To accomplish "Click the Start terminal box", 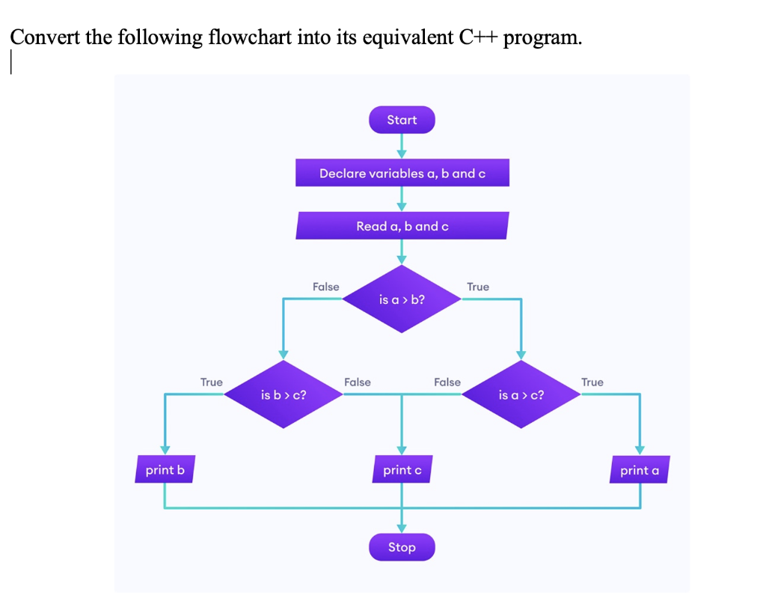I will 402,120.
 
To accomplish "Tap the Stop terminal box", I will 402,547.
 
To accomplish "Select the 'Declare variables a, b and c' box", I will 402,173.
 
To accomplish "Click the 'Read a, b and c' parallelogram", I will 402,226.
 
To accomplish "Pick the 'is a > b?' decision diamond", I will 402,299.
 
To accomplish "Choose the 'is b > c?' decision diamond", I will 283,394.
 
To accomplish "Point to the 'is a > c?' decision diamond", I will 521,394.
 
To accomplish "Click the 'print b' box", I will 165,470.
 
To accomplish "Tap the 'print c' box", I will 402,470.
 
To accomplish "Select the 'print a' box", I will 640,470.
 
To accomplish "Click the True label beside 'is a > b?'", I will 478,287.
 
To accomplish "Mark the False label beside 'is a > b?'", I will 325,287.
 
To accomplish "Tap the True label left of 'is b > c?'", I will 211,382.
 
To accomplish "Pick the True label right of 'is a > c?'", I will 592,382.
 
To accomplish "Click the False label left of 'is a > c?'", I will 447,382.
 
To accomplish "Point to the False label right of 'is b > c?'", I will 357,382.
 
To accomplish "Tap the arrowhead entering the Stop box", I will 402,528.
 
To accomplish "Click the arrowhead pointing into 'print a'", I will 640,450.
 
